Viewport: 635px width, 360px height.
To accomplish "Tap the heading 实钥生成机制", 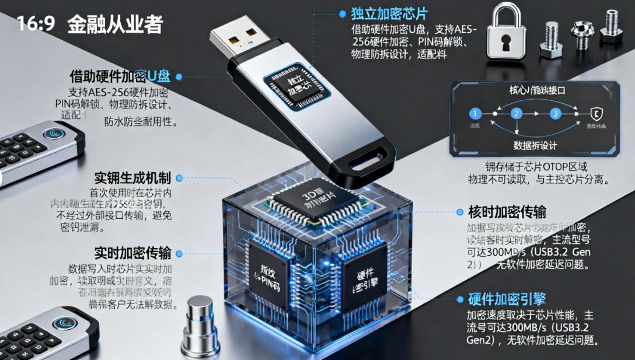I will tap(132, 178).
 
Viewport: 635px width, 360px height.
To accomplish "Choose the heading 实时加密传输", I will tap(132, 253).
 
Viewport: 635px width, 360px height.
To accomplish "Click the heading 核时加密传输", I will tap(507, 212).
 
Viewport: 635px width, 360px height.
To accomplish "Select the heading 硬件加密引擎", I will tap(507, 300).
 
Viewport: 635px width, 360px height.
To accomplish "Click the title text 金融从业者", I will tap(115, 24).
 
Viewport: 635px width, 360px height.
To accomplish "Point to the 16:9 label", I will tap(36, 24).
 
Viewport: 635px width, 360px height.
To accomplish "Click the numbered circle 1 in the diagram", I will tap(476, 114).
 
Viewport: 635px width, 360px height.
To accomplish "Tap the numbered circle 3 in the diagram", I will tap(555, 114).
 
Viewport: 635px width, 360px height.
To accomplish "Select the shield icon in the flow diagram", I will tap(596, 114).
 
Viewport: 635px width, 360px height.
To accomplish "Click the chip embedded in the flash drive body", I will tap(295, 89).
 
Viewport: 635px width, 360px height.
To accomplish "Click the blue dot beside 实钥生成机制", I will tap(179, 178).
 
